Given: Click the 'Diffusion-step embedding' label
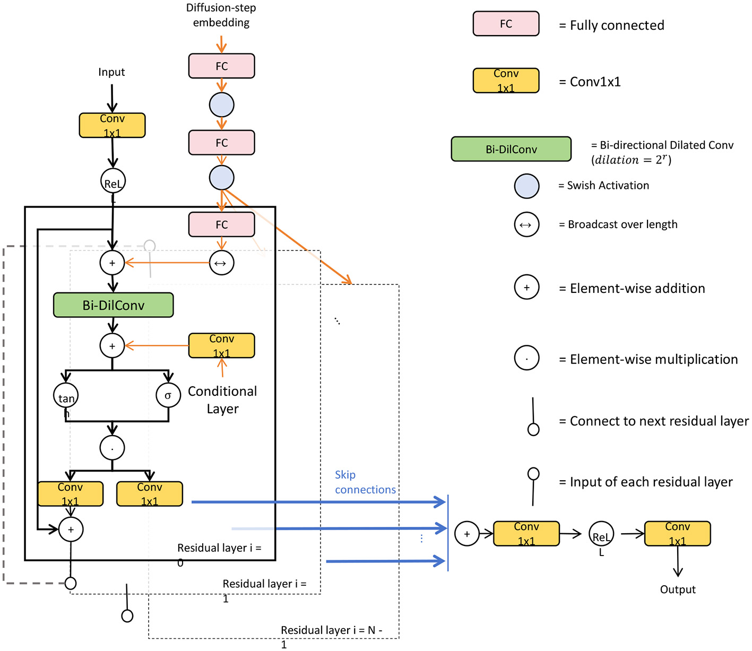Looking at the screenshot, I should [221, 15].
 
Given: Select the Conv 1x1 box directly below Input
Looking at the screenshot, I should [112, 126].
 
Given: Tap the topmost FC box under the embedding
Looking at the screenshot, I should [221, 66].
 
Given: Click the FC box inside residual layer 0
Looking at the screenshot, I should [221, 225].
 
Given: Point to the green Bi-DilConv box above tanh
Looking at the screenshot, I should [113, 306].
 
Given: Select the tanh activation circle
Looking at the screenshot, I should [66, 396].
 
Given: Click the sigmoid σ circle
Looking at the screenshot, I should [168, 396].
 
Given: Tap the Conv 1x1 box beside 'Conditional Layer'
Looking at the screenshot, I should [221, 346].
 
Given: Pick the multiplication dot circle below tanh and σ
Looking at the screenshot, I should [112, 448].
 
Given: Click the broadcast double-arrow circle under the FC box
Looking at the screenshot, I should [221, 263].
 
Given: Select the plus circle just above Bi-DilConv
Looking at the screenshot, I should [112, 263].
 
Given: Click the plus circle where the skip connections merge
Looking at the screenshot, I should [466, 534].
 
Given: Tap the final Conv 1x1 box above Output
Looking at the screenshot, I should [677, 534].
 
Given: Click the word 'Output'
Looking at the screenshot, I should [678, 589].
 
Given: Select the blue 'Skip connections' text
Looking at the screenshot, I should [365, 482].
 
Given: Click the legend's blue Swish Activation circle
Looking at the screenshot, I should [526, 186].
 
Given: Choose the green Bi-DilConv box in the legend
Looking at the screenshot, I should [511, 150].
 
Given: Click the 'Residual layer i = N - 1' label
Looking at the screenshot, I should [331, 631].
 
